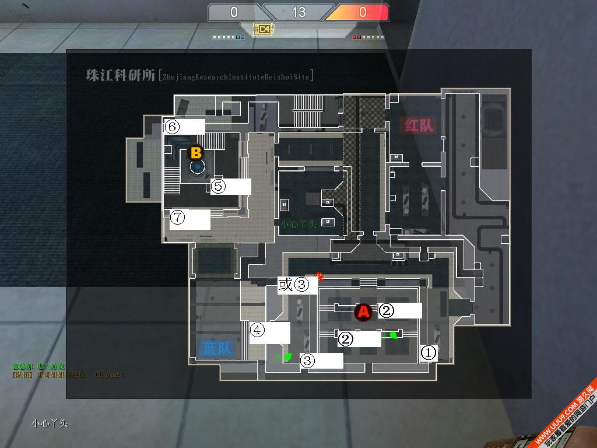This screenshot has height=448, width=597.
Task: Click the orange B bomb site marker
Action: [196, 153]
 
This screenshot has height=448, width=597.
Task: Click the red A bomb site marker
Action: [363, 312]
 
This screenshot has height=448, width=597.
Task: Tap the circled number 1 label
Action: [428, 352]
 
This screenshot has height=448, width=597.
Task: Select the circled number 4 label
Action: [257, 330]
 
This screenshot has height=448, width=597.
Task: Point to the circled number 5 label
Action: [218, 186]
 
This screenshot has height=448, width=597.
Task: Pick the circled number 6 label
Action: [172, 126]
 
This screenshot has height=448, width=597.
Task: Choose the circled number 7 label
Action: [177, 218]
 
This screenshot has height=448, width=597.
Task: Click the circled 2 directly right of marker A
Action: [387, 310]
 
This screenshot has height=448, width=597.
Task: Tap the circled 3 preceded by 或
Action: [301, 285]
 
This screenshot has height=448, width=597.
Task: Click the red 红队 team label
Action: [417, 125]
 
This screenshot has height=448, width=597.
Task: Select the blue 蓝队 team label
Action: [217, 348]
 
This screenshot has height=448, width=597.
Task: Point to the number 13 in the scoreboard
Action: [298, 12]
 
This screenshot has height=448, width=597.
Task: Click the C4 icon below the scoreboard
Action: [264, 28]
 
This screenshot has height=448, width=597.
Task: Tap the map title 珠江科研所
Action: [121, 76]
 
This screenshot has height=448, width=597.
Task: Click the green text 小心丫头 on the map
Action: [298, 223]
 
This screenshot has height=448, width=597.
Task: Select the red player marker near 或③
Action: [319, 275]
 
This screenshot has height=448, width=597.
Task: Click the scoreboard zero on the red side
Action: [362, 12]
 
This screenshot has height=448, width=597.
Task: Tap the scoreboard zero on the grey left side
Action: [234, 12]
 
